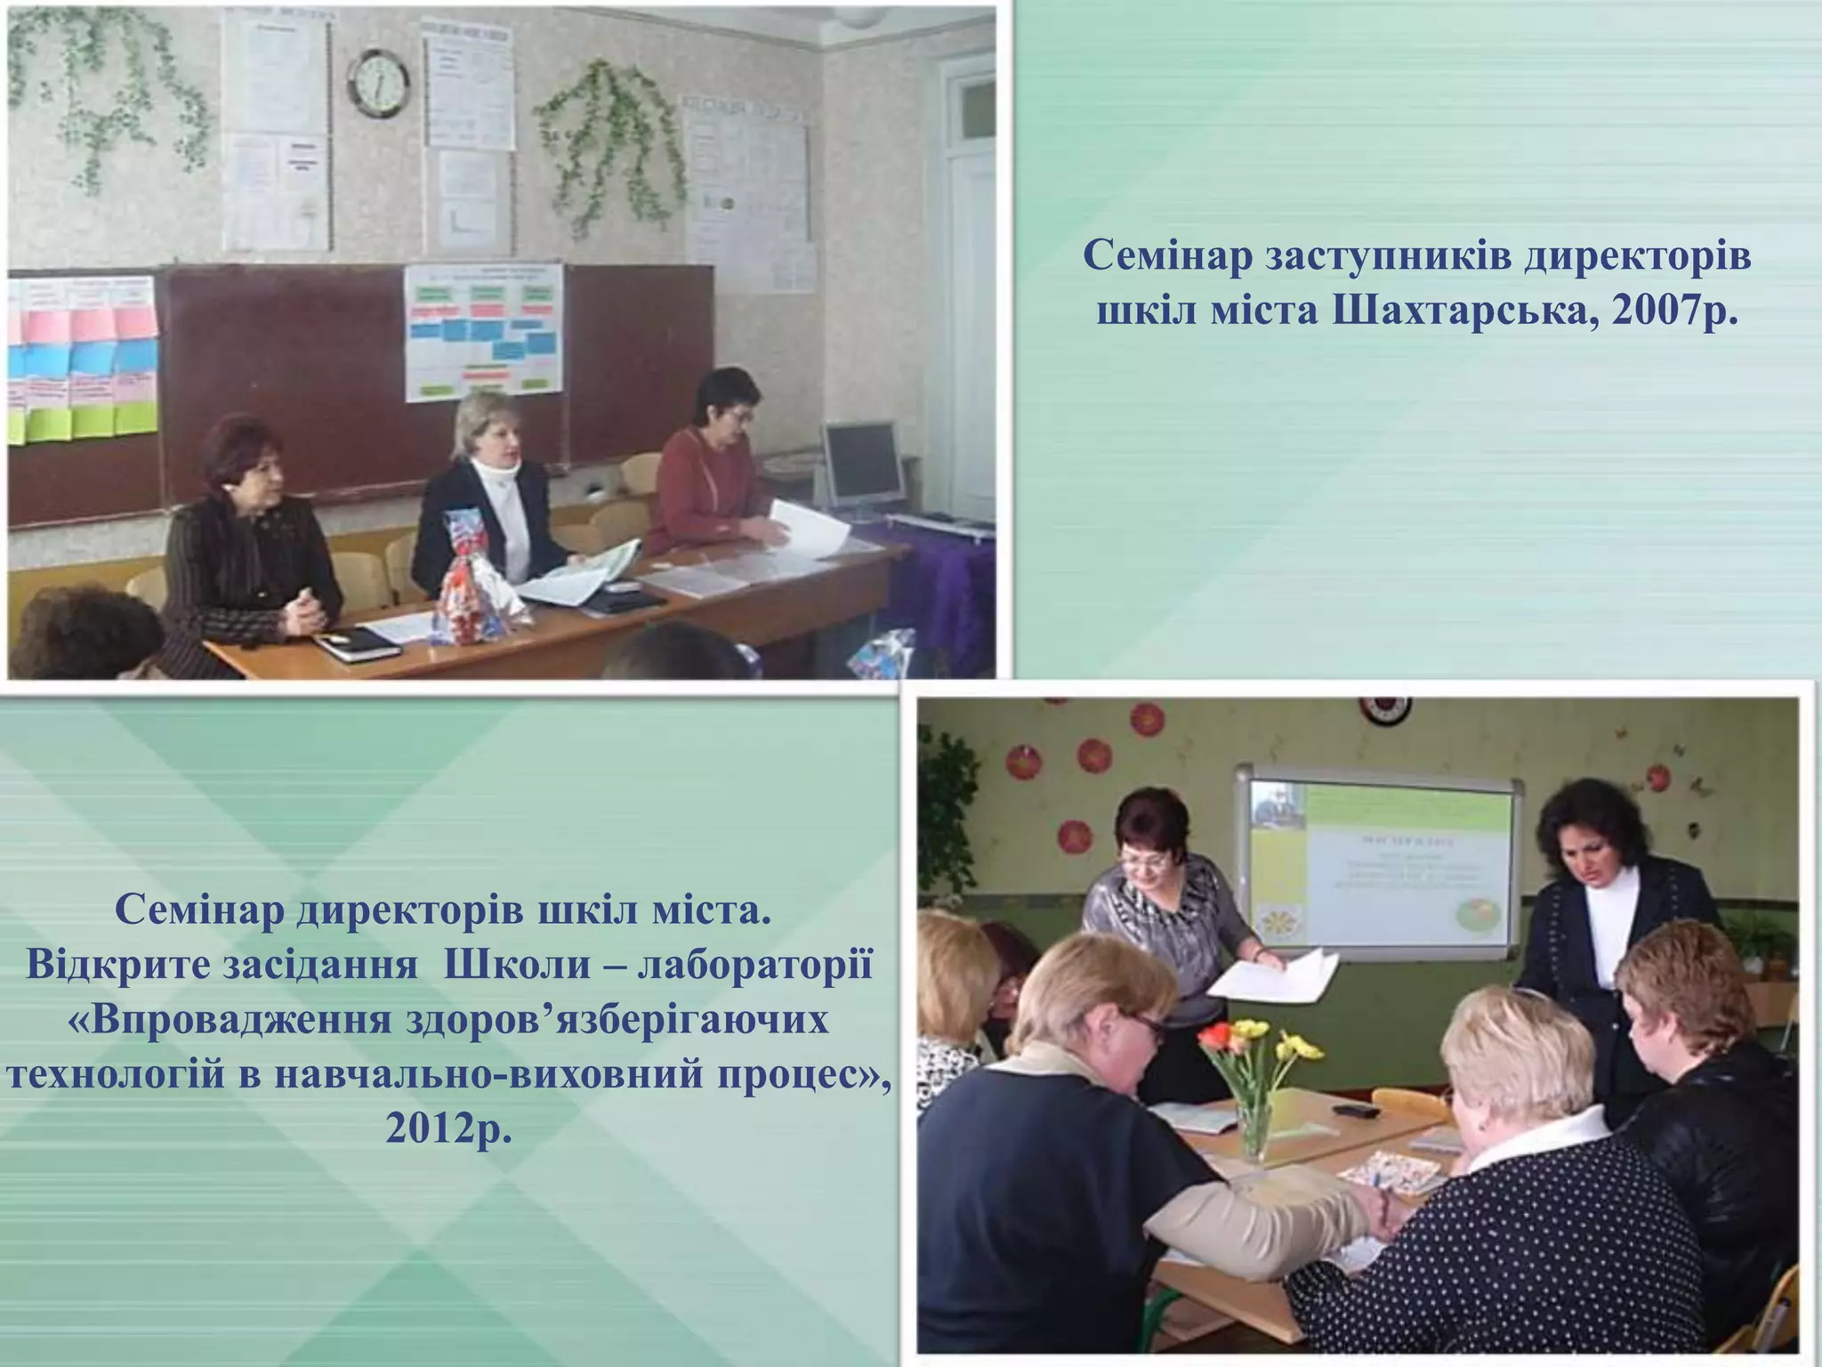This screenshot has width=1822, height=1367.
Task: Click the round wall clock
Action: (378, 83)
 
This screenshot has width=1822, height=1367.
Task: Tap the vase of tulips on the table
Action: (1246, 1086)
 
